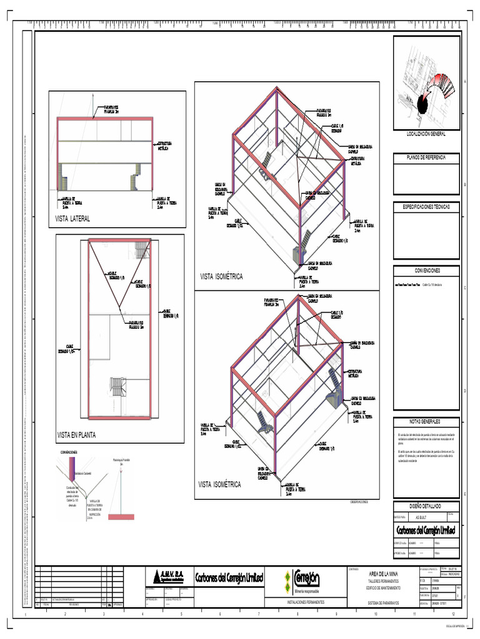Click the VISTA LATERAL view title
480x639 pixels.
tap(73, 219)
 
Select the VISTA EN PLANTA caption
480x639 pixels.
tap(77, 434)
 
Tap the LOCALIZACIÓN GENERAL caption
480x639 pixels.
tap(426, 134)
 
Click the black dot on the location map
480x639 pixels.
tap(422, 108)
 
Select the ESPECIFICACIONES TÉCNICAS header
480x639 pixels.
tap(426, 206)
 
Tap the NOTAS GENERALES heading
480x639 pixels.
tap(426, 421)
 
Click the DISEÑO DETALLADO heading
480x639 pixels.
tap(426, 505)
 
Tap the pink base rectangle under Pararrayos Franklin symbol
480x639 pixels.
tap(121, 517)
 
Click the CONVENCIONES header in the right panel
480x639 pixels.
tap(426, 270)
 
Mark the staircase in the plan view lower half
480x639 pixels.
tap(118, 387)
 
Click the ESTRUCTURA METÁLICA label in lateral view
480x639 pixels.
tap(164, 146)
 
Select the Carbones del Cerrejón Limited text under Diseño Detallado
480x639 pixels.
tap(426, 530)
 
